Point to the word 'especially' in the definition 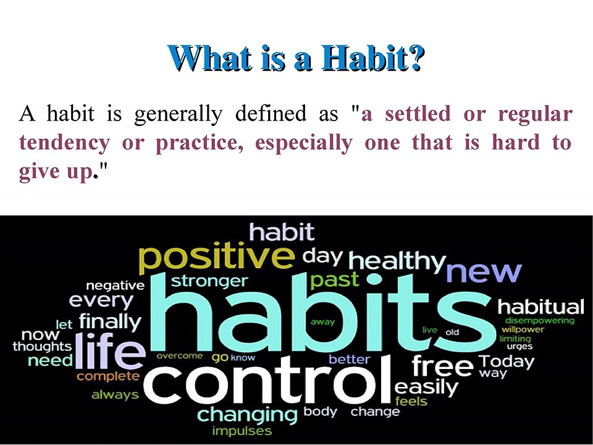coord(303,143)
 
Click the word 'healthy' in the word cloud coord(397,261)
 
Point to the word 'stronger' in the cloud coord(209,281)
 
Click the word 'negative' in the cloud coord(114,286)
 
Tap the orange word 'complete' coord(108,376)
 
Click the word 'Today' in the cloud coord(507,361)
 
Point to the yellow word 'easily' coord(426,388)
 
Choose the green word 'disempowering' coord(539,320)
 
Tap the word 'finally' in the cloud coord(110,321)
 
